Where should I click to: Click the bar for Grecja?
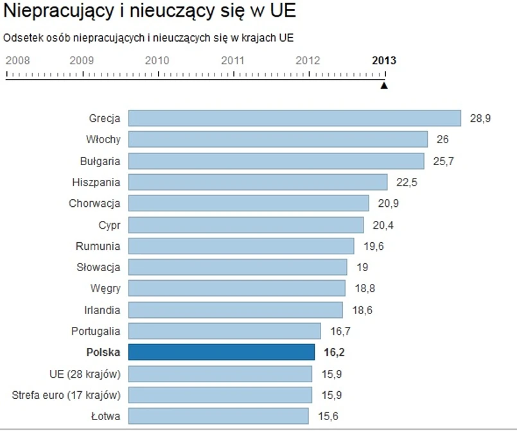[294, 118]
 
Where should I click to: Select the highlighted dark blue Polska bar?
[222, 352]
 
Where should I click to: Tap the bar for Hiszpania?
[258, 182]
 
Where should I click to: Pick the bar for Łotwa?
[218, 416]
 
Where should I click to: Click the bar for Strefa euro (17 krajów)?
[220, 394]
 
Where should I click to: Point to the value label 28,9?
[480, 118]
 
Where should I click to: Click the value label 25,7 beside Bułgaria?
[444, 161]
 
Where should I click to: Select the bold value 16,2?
[333, 352]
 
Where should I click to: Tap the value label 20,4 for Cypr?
[383, 225]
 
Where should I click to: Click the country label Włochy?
[103, 139]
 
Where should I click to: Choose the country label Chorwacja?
[94, 204]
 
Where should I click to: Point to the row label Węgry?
[105, 288]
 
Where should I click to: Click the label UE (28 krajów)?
[84, 373]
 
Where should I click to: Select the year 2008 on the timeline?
[17, 61]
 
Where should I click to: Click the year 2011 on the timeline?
[232, 61]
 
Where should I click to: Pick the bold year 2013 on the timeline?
[384, 61]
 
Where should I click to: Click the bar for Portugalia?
[224, 331]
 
